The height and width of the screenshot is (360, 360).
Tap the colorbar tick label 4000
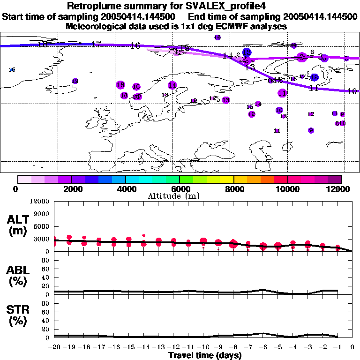[125, 189]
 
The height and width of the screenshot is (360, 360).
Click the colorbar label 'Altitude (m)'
[180, 196]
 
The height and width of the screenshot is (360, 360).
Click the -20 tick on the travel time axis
[54, 347]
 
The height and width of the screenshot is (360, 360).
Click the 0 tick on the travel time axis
[352, 347]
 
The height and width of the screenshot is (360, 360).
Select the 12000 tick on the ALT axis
[40, 202]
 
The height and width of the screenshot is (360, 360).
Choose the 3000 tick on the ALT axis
[42, 239]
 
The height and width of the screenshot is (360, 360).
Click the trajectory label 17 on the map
[96, 45]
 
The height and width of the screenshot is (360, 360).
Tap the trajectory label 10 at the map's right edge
[352, 91]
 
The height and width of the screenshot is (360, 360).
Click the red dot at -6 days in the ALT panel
[263, 247]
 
